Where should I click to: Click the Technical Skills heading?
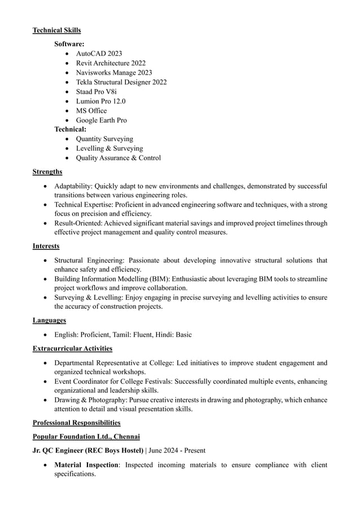point(56,30)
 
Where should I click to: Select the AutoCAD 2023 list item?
point(99,54)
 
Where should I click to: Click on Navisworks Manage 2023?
point(114,73)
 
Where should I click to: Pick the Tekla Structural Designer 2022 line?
point(121,82)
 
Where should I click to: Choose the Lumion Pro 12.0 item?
point(100,102)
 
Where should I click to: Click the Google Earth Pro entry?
point(102,120)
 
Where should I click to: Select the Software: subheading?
point(69,43)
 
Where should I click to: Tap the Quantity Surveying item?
point(104,139)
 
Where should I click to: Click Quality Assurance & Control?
point(118,158)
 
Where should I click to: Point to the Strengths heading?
point(47,172)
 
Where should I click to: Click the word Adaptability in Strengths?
point(73,186)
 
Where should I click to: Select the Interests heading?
point(46,246)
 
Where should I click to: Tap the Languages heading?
point(49,321)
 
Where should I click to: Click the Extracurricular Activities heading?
point(72,349)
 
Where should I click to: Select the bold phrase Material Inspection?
point(86,465)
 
